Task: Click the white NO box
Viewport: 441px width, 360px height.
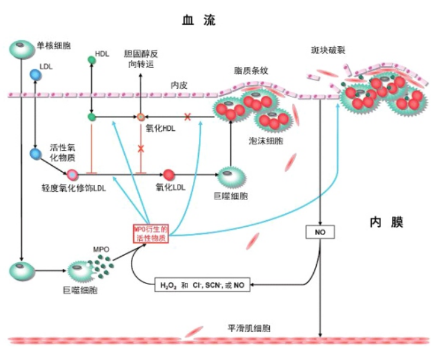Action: tap(320, 233)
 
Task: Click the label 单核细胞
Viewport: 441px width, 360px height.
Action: tap(54, 45)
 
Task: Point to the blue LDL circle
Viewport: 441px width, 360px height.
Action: tap(36, 75)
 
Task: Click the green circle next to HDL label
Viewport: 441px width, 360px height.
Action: tap(91, 60)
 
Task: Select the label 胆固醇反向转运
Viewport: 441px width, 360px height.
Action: tap(141, 59)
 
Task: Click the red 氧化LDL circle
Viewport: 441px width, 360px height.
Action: tap(169, 175)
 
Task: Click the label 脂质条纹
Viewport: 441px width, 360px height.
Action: tap(252, 71)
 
